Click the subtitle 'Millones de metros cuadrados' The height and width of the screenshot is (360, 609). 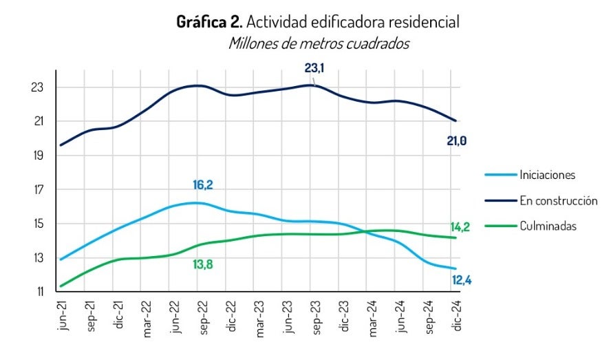click(x=318, y=43)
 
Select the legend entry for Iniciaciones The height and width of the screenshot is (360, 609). click(x=546, y=175)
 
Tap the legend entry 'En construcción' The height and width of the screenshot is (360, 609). click(x=558, y=200)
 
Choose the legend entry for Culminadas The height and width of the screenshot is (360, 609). click(x=548, y=226)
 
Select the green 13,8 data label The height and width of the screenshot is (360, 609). click(x=202, y=264)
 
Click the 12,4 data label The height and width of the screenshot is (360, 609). click(x=462, y=280)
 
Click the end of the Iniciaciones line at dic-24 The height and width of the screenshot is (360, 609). click(x=456, y=268)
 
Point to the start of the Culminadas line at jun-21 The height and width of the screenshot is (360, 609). click(x=61, y=286)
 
